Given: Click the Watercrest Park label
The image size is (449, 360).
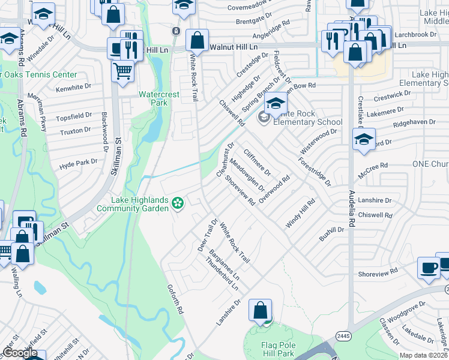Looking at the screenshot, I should [158, 98].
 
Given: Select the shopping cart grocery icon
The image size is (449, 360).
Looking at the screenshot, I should [122, 71].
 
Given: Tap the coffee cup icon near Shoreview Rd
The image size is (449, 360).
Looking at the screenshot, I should [429, 268].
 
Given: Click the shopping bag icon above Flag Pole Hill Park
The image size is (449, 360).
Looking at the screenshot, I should [261, 310].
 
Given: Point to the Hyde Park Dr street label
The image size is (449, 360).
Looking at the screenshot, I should [78, 163].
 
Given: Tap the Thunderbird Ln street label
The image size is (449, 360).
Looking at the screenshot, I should [222, 275].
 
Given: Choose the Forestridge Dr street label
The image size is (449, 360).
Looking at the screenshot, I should [314, 172].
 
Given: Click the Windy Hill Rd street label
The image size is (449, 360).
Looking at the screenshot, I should [300, 214].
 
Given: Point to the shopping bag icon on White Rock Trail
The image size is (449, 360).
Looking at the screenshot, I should [197, 41].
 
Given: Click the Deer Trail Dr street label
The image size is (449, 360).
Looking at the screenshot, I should [207, 235].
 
